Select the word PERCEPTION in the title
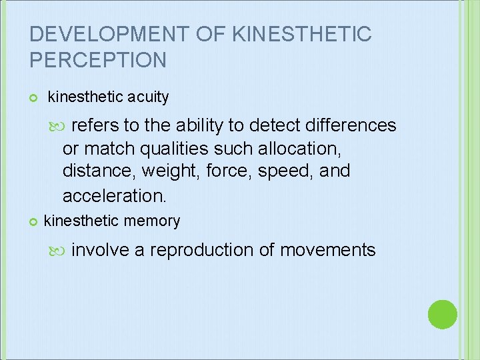98,60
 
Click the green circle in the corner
442,314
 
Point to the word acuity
147,97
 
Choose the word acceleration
113,195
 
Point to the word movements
327,250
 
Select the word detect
258,125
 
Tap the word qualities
179,148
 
